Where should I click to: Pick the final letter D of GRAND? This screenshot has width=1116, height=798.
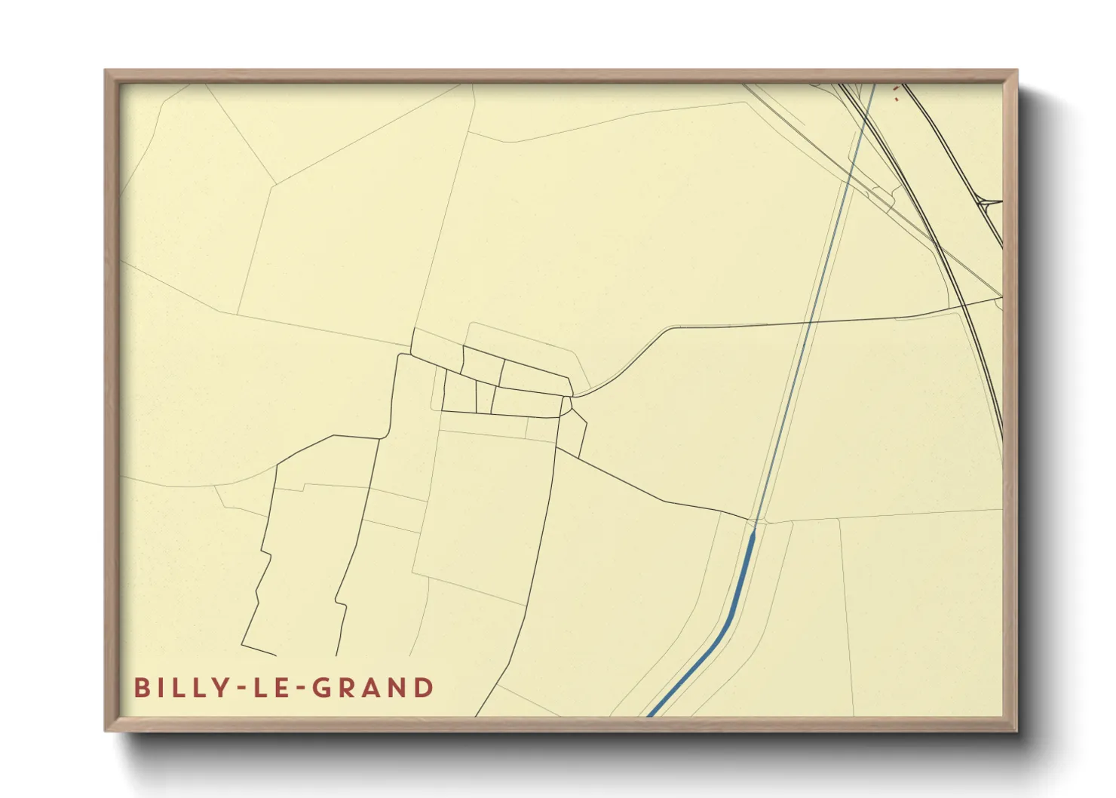[x=425, y=688]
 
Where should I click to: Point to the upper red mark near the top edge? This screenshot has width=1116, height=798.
[x=895, y=88]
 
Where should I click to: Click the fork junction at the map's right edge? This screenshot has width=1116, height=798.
[x=985, y=203]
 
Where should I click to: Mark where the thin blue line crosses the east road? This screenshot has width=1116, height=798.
[x=811, y=322]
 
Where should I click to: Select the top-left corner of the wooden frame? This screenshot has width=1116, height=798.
[x=106, y=71]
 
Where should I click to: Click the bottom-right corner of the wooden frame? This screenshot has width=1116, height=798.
[x=1016, y=730]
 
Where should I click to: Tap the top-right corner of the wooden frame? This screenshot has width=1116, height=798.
[x=1016, y=71]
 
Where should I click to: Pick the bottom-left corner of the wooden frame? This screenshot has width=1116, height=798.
[x=106, y=730]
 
